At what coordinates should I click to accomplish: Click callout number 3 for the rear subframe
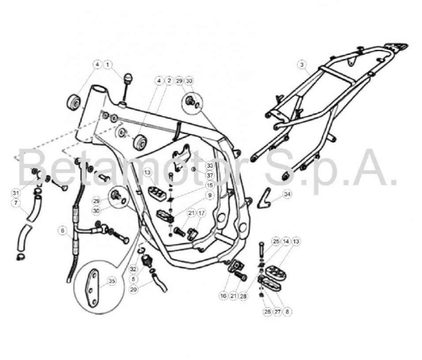click(301, 64)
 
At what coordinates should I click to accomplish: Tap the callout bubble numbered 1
click(108, 64)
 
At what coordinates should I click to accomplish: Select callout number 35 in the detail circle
click(112, 281)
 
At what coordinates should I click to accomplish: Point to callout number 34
click(287, 194)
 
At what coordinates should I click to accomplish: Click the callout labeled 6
click(63, 231)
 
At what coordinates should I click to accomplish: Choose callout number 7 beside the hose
click(16, 203)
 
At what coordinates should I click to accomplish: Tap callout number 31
click(16, 193)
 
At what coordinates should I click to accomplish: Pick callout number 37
click(210, 175)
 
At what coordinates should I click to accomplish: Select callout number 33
click(210, 165)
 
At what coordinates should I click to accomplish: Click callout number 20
click(133, 289)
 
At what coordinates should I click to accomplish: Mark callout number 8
click(287, 312)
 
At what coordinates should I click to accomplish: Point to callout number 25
click(276, 241)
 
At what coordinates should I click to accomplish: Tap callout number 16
click(223, 296)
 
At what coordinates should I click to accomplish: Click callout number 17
click(201, 213)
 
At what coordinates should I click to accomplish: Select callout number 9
click(210, 195)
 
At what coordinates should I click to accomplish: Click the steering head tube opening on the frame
click(99, 89)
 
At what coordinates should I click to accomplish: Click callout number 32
click(133, 269)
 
